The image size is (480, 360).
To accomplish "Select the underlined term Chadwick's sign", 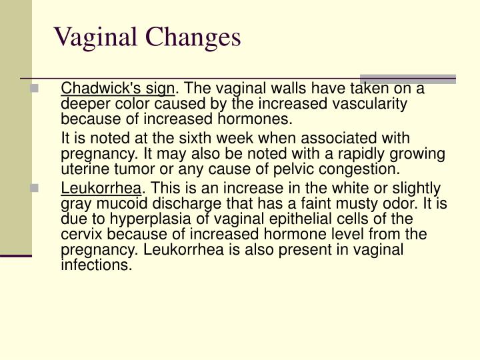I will tap(118, 89).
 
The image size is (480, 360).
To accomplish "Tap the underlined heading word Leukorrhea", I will tap(101, 189).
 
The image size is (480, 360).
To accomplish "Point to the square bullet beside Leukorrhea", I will tap(34, 189).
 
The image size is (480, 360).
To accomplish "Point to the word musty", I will tap(347, 204).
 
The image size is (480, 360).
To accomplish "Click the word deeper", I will tap(83, 105).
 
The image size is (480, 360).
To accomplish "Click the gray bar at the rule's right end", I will tap(407, 78).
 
